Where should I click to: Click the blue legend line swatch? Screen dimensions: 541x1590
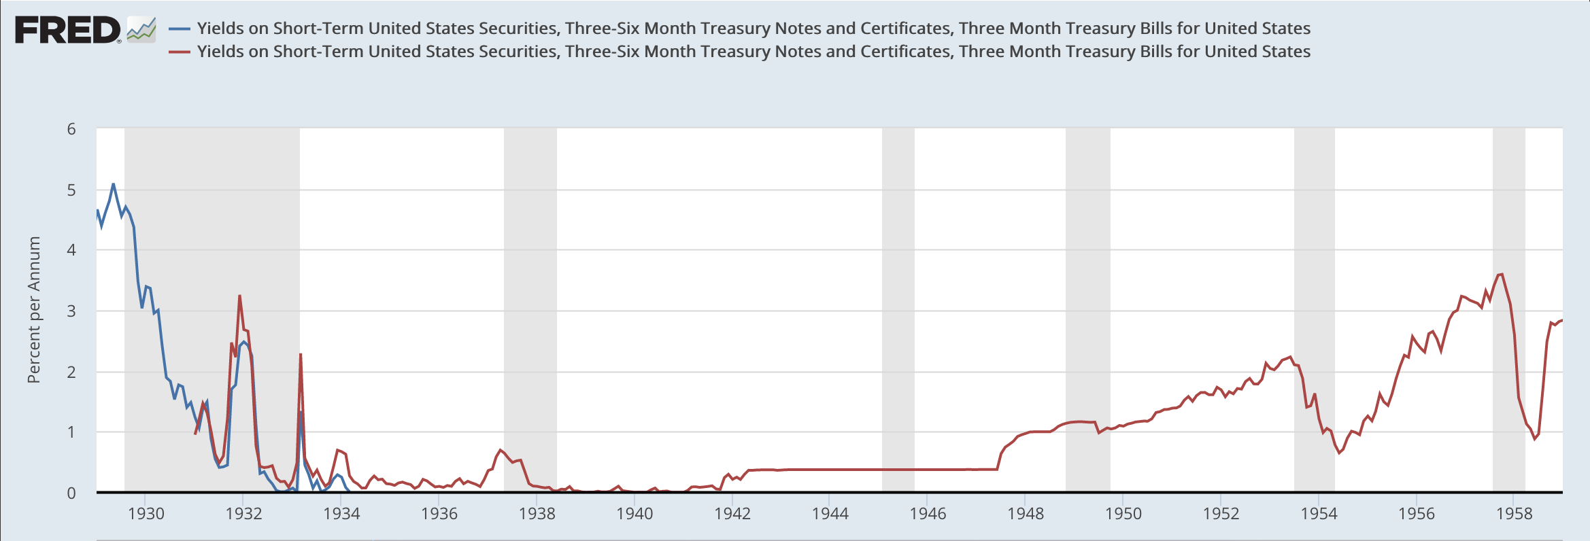click(x=180, y=29)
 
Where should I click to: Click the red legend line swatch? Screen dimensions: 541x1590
click(x=180, y=52)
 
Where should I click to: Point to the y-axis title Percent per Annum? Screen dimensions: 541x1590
click(x=34, y=310)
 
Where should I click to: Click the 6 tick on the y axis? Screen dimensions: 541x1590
click(x=71, y=129)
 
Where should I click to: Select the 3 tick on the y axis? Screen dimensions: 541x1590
click(x=71, y=311)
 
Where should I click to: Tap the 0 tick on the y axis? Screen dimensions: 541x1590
click(x=71, y=493)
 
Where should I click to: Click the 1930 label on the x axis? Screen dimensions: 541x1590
click(x=146, y=514)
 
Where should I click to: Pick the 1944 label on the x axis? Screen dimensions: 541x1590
click(x=830, y=514)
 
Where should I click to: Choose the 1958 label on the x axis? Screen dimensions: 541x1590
click(x=1514, y=514)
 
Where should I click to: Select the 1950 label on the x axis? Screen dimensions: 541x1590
click(x=1123, y=514)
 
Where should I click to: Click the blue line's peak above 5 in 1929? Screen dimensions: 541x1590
click(x=113, y=184)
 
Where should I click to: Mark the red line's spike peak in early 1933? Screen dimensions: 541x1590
click(x=301, y=354)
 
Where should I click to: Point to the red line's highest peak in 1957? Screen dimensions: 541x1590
click(x=1502, y=274)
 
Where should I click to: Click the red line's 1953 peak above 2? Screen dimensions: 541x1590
click(x=1290, y=357)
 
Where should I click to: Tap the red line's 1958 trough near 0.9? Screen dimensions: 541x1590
click(x=1534, y=438)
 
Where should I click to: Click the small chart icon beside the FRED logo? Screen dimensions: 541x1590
click(x=141, y=29)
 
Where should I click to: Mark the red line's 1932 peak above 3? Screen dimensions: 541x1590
click(x=240, y=296)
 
